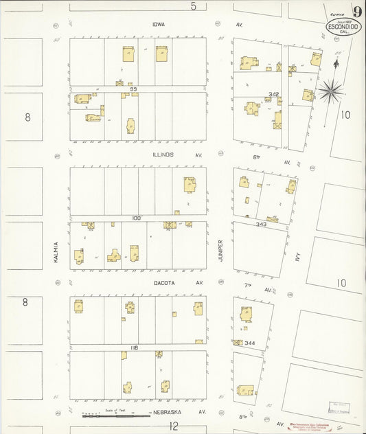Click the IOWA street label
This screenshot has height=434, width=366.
159,24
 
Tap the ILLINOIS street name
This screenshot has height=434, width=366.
163,155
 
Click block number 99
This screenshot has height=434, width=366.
135,89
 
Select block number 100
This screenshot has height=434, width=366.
136,218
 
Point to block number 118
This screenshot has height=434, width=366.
135,348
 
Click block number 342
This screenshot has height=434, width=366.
274,94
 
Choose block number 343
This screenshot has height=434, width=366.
260,224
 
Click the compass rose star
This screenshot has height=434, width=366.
329,90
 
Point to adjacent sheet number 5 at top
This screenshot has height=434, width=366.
194,7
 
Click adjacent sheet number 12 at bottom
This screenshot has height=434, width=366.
174,426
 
